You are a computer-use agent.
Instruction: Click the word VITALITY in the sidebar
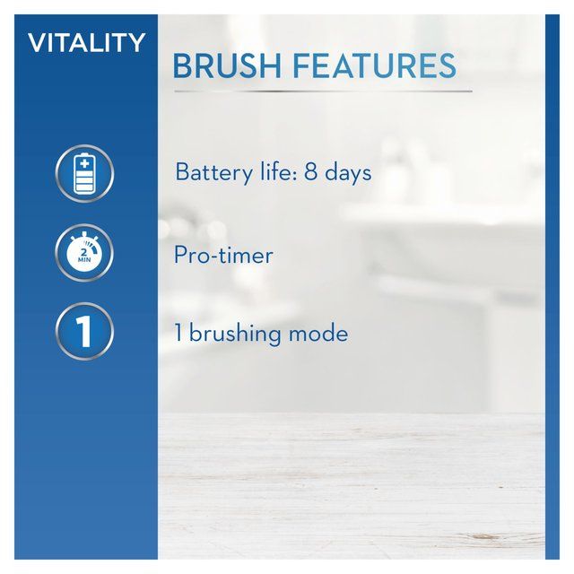pyautogui.click(x=86, y=43)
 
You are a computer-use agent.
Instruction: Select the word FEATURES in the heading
pyautogui.click(x=377, y=66)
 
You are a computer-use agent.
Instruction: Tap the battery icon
pyautogui.click(x=85, y=173)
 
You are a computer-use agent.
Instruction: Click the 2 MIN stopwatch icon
pyautogui.click(x=85, y=253)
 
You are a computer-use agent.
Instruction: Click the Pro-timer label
pyautogui.click(x=223, y=255)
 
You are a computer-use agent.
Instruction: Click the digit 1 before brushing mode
pyautogui.click(x=178, y=335)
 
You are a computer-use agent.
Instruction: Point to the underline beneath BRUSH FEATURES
pyautogui.click(x=322, y=91)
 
